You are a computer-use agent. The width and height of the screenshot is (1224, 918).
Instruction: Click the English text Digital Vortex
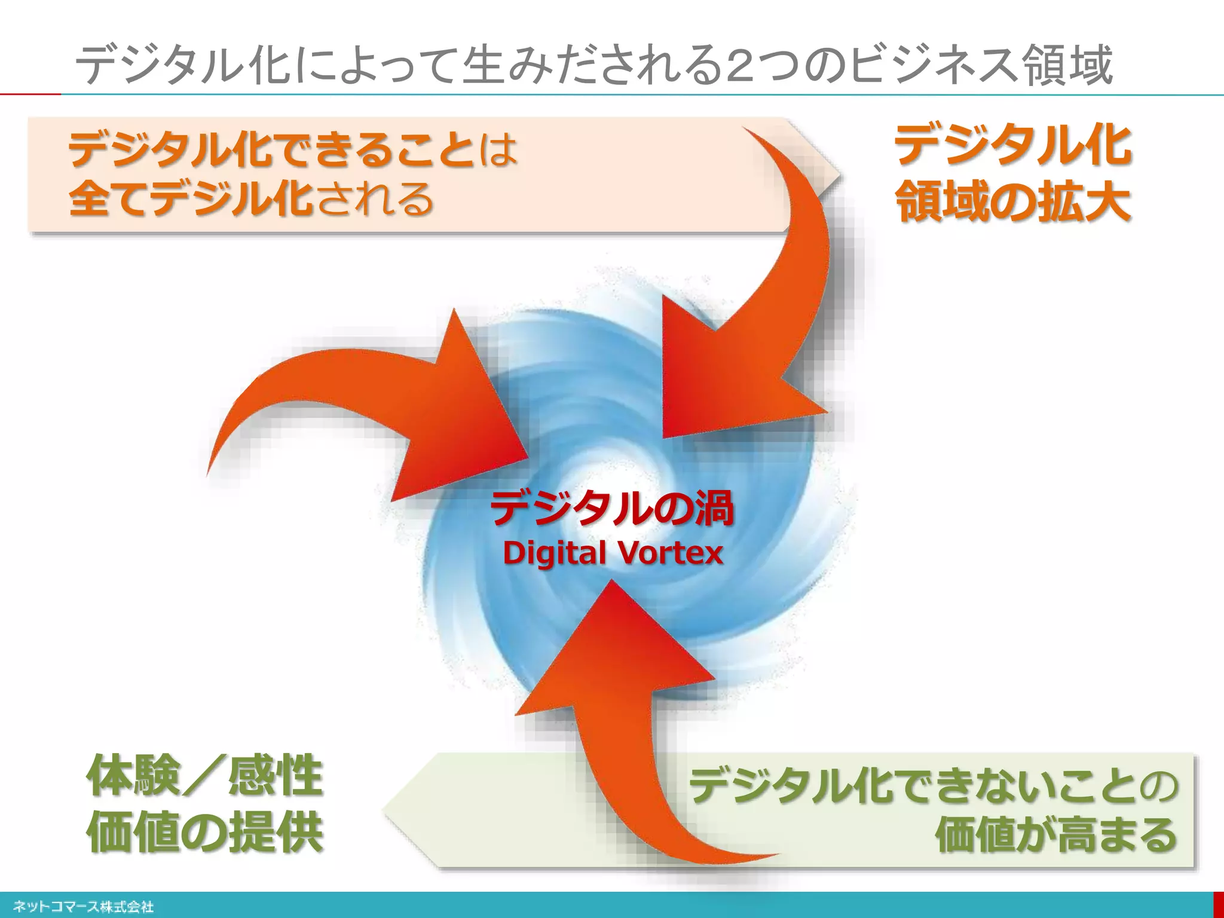(x=613, y=553)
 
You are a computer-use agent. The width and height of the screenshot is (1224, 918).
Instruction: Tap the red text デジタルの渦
(x=612, y=509)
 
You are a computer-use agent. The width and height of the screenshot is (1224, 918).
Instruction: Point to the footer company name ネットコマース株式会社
(x=83, y=907)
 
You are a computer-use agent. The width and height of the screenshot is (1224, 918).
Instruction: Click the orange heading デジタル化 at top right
(x=1012, y=145)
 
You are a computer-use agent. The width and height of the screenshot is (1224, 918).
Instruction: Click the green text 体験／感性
(x=205, y=776)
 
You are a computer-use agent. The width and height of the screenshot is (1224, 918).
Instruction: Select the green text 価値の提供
(x=205, y=833)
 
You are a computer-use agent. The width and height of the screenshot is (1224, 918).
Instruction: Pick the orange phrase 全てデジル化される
(x=251, y=198)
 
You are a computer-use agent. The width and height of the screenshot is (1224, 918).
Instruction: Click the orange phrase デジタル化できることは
(x=293, y=149)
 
